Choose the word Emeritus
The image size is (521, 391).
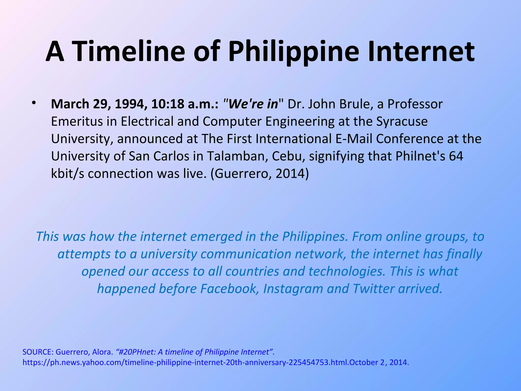coord(77,121)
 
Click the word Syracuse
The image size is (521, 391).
coord(402,121)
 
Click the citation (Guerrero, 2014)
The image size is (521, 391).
coord(260,174)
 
